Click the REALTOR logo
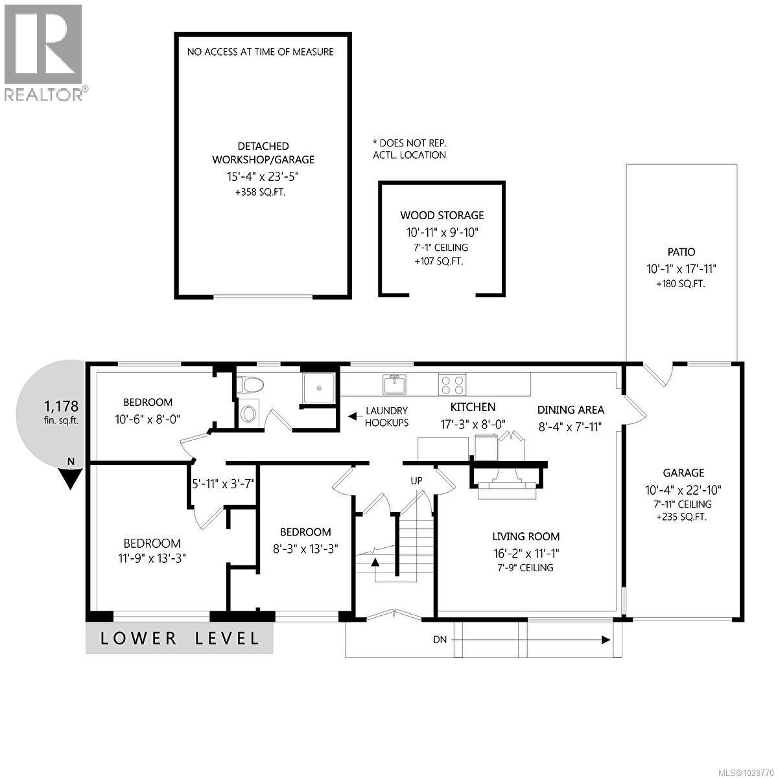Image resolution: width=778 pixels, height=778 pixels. pyautogui.click(x=43, y=52)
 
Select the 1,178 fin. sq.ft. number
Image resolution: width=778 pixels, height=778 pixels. pyautogui.click(x=61, y=407)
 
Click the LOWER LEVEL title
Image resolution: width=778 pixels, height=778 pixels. pyautogui.click(x=180, y=638)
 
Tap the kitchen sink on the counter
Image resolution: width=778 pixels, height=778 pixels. pyautogui.click(x=394, y=384)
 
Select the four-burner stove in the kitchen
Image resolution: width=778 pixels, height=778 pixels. pyautogui.click(x=451, y=384)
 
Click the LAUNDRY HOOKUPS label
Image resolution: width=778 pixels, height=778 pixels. pyautogui.click(x=386, y=416)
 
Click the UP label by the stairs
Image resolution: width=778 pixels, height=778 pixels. pyautogui.click(x=417, y=480)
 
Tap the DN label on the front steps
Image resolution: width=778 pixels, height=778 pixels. pyautogui.click(x=440, y=640)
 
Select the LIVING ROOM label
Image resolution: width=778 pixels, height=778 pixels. pyautogui.click(x=526, y=536)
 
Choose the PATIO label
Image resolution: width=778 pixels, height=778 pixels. pyautogui.click(x=681, y=252)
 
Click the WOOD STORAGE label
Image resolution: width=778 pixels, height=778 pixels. pyautogui.click(x=442, y=215)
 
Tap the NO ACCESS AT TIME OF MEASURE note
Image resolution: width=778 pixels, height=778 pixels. pyautogui.click(x=260, y=52)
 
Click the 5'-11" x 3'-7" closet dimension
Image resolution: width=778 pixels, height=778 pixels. pyautogui.click(x=223, y=483)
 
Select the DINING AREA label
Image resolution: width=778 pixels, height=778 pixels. pyautogui.click(x=571, y=409)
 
